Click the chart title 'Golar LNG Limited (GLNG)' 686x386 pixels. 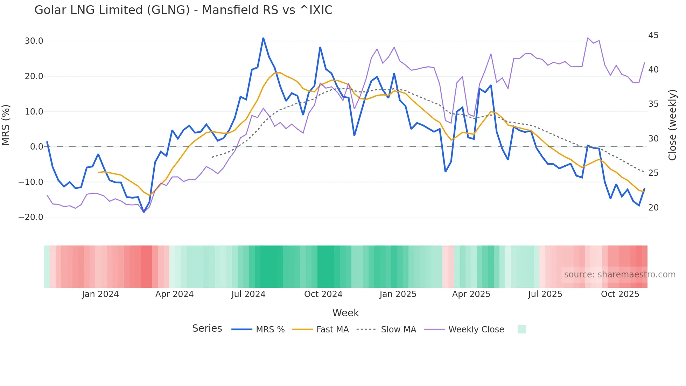(183, 10)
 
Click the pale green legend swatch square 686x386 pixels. (521, 329)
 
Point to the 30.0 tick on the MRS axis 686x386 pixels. (34, 41)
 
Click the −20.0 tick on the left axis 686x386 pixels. (31, 217)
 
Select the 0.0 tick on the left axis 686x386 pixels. (36, 147)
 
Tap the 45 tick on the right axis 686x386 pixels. (653, 35)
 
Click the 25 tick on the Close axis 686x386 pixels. (653, 173)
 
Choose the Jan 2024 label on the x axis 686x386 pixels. (100, 294)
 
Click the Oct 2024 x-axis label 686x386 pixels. (323, 294)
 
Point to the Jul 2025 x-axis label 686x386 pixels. (545, 294)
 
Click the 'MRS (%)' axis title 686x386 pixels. (6, 125)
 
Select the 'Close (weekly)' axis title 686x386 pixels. (672, 125)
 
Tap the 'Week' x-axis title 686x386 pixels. (345, 313)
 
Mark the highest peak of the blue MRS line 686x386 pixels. (263, 38)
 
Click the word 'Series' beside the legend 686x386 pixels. (207, 329)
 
